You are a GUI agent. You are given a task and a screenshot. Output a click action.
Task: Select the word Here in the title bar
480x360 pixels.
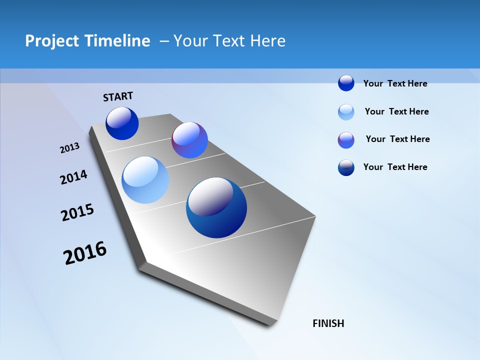pos(267,41)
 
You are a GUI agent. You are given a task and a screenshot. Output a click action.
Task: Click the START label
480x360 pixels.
pos(118,96)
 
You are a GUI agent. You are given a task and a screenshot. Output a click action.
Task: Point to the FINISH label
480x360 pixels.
pos(328,323)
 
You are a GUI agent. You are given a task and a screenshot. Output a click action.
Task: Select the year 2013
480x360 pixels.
pos(69,148)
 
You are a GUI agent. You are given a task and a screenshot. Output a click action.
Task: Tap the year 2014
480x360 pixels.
pos(73,177)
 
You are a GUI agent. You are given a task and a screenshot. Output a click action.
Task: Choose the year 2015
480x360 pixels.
pos(77,213)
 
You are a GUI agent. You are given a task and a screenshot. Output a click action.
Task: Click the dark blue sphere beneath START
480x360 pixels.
pos(122,123)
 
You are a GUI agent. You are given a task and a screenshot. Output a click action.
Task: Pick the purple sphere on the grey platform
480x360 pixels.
pos(189,140)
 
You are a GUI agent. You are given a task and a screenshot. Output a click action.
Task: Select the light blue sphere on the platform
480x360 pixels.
pos(145,180)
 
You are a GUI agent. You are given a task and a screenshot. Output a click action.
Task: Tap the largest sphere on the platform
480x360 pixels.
pos(216,207)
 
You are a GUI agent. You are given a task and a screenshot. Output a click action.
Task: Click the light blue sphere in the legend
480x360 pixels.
pos(346,112)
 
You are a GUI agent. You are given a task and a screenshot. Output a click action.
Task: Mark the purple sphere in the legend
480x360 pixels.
pos(346,140)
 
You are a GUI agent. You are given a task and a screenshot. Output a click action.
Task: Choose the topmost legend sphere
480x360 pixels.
pos(346,83)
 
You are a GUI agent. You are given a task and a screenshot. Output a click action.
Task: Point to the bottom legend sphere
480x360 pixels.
pos(346,167)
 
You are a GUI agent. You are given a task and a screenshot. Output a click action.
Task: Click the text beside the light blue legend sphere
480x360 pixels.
pos(396,111)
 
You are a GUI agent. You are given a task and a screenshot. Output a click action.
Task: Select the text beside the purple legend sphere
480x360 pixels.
pos(397,139)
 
